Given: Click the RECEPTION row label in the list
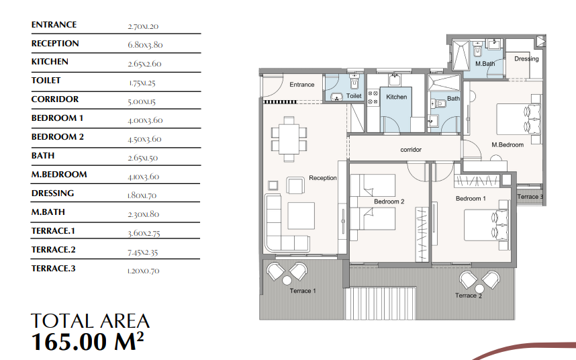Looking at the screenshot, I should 55,44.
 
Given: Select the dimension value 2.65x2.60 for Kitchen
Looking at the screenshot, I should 144,64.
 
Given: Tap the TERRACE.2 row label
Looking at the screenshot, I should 54,250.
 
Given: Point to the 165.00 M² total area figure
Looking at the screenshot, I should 88,342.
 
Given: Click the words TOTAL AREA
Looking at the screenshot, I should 91,321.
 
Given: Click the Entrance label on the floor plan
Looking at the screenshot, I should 302,85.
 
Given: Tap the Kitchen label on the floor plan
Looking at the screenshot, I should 397,97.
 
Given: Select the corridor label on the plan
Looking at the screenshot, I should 411,150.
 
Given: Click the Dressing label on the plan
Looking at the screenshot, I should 526,59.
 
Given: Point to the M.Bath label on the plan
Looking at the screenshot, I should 485,64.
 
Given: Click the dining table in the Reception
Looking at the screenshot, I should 289,138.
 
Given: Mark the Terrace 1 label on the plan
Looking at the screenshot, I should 302,291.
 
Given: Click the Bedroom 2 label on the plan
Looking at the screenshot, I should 389,201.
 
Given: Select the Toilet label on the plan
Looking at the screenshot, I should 354,96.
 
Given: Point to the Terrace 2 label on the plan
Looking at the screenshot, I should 469,296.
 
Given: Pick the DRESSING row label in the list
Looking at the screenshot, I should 52,193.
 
